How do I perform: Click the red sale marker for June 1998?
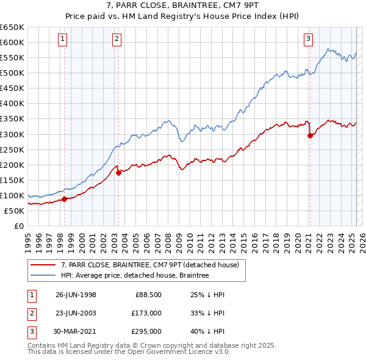64,198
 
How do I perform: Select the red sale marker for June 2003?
118,173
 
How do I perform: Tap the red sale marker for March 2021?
309,135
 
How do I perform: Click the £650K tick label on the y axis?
12,27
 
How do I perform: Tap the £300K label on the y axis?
12,134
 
